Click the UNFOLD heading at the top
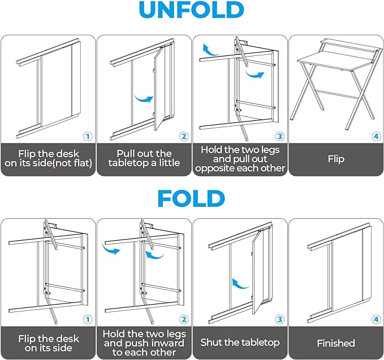[x=191, y=11]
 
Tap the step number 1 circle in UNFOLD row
[x=88, y=136]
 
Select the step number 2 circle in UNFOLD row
[x=183, y=136]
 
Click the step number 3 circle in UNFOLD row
[x=279, y=136]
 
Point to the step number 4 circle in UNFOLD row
[x=376, y=136]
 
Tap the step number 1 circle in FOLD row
[x=88, y=319]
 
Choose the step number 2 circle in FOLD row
[x=183, y=319]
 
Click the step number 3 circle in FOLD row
[x=279, y=319]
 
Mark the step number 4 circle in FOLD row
[x=376, y=319]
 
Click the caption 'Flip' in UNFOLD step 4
[x=336, y=159]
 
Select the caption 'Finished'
[x=336, y=343]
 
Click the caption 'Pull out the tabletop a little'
[x=144, y=158]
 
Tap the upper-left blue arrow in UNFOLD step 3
[x=210, y=51]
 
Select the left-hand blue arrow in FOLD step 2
[x=111, y=249]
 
